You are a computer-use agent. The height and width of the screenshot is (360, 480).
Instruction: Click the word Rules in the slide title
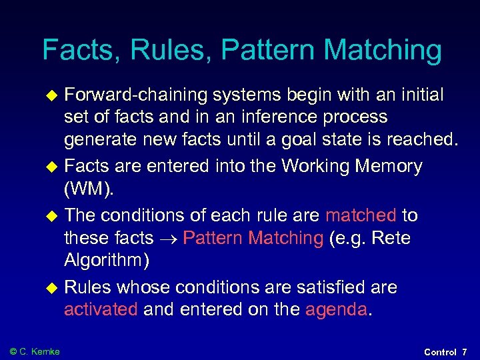click(x=169, y=50)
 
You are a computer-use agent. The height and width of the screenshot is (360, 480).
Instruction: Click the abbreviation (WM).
click(x=89, y=189)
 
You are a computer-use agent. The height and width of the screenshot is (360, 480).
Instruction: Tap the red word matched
click(x=361, y=215)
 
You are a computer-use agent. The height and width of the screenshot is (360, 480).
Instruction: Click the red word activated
click(x=101, y=309)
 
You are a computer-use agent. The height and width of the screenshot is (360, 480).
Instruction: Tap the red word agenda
click(x=336, y=309)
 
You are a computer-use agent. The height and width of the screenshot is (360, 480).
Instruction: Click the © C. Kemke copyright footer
click(x=35, y=351)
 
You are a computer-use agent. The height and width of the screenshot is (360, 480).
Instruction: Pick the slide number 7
click(x=465, y=351)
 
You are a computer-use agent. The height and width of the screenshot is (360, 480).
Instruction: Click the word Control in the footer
click(x=440, y=351)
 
